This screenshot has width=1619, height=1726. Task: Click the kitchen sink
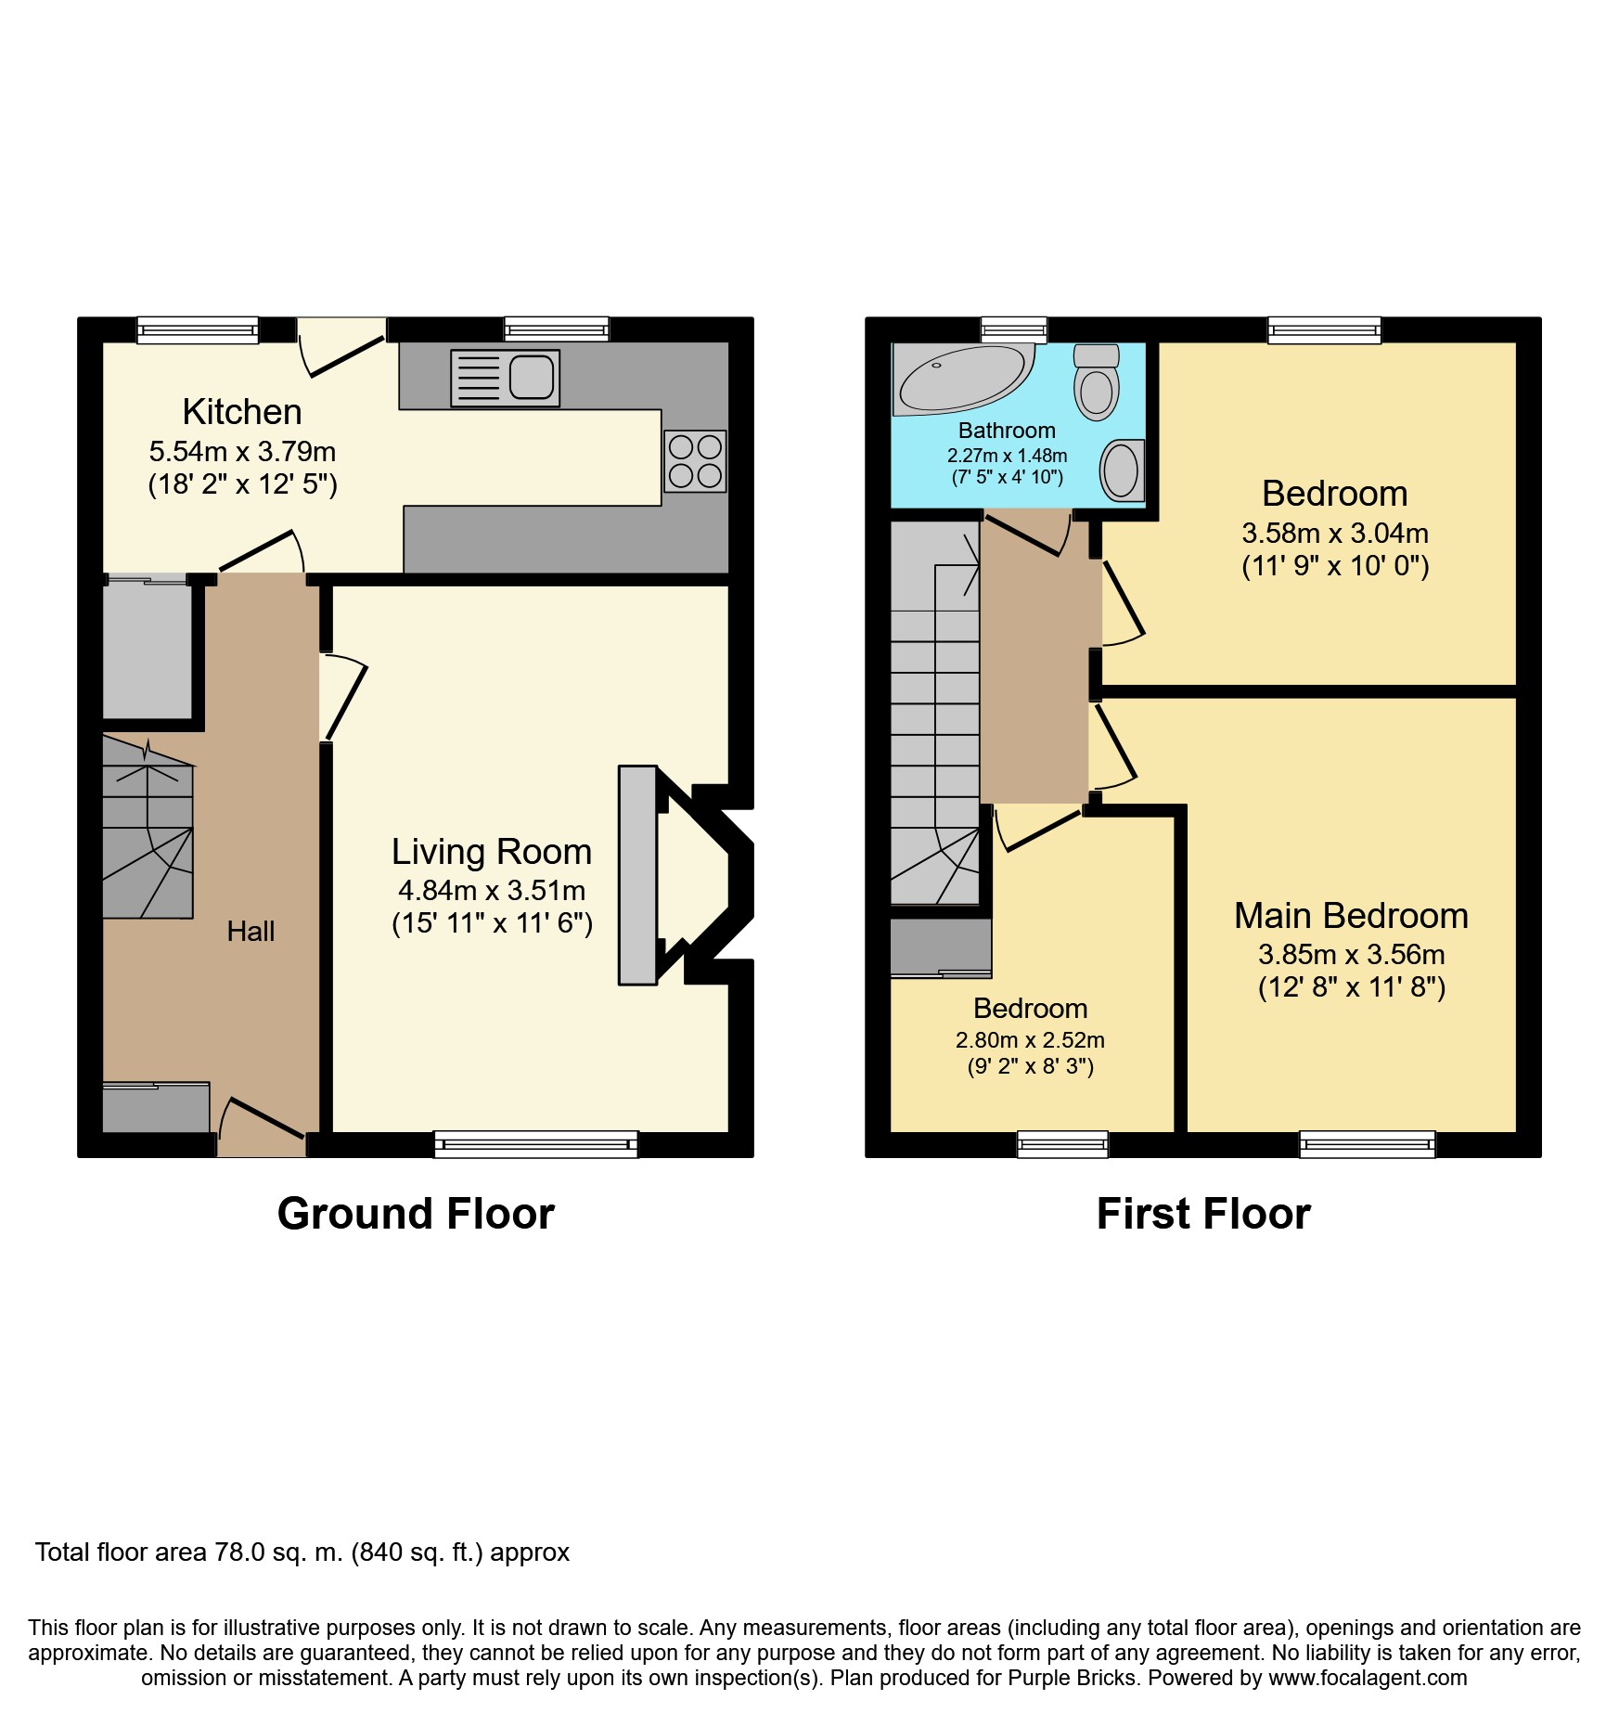click(506, 378)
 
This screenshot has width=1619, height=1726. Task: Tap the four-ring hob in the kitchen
click(695, 461)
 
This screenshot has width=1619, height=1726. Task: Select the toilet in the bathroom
click(1097, 382)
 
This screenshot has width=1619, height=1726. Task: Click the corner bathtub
click(961, 379)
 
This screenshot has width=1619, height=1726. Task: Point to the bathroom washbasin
click(1121, 470)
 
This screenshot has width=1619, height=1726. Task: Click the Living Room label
click(491, 852)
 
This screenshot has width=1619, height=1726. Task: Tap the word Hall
click(251, 931)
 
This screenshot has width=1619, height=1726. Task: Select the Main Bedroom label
click(1351, 916)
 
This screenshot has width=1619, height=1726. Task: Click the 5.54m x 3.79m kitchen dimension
click(242, 452)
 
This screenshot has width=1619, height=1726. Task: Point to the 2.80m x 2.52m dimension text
click(1030, 1040)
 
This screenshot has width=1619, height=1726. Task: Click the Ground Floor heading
click(416, 1214)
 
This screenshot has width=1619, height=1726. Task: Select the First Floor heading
click(1203, 1214)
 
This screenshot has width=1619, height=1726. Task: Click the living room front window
click(536, 1144)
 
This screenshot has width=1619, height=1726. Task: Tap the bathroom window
click(1014, 328)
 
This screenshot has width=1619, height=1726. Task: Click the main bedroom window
click(1368, 1144)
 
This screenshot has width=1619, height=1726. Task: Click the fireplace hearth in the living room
click(637, 874)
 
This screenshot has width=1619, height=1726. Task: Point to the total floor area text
click(302, 1552)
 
